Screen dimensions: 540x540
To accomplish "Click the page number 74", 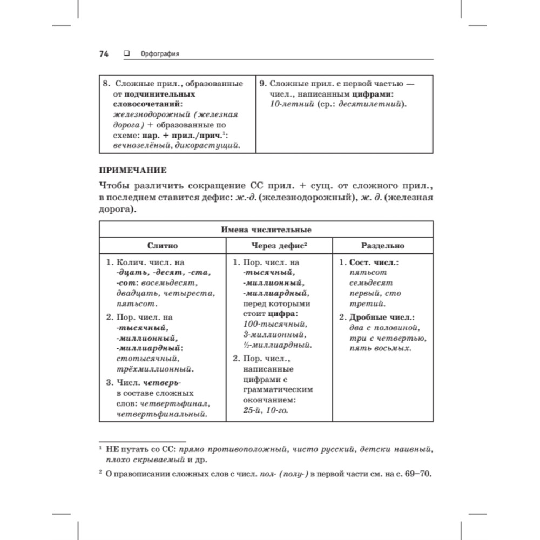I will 104,53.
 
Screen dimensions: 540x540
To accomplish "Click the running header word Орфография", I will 159,53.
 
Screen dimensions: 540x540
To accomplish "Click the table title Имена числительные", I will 266,230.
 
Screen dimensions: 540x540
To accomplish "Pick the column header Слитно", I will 163,245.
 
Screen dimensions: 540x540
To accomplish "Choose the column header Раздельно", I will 383,245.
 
